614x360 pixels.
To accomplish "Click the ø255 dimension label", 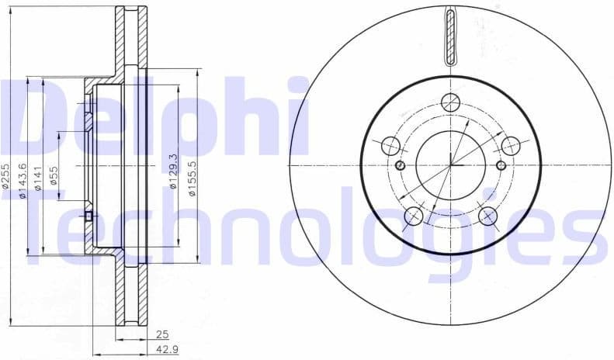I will [x=6, y=177].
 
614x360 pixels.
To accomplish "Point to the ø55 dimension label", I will [x=54, y=177].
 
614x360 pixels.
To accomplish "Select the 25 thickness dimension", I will [x=161, y=334].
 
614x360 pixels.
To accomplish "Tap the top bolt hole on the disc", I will [x=450, y=101].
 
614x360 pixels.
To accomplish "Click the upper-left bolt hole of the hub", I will [x=390, y=145].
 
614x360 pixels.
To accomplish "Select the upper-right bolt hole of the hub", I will [x=510, y=145].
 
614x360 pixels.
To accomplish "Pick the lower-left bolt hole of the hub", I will [x=414, y=216].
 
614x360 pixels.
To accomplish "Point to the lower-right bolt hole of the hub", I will [x=487, y=216].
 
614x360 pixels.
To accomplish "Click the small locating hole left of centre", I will [x=400, y=165].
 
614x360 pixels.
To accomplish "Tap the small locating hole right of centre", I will [x=501, y=165].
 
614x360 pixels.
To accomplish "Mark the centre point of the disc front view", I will [x=450, y=164].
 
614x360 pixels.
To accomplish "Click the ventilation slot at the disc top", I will [x=450, y=35].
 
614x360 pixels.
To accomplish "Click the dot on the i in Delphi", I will [x=297, y=84].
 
